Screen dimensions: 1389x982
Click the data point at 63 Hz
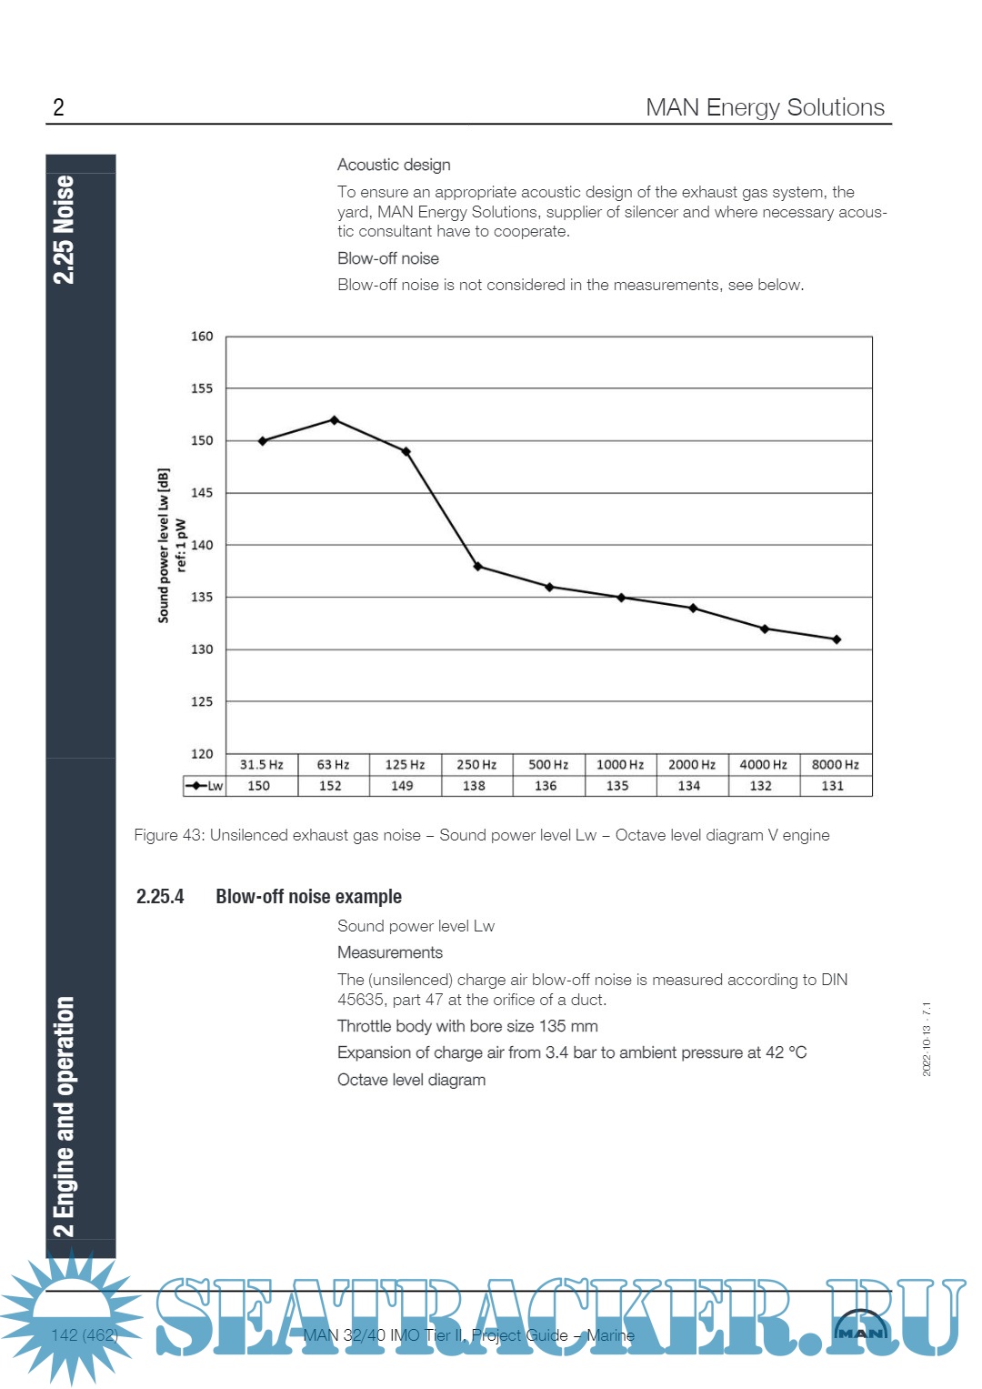[335, 420]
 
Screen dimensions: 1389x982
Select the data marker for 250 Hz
[478, 567]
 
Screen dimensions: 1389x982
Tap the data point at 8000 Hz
[837, 639]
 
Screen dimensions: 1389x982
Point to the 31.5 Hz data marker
[263, 441]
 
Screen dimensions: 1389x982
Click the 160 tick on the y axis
[202, 337]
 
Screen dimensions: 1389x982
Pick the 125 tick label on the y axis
[202, 701]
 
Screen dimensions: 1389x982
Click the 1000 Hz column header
[620, 765]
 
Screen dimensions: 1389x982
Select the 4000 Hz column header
[764, 765]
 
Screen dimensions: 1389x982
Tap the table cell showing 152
[330, 786]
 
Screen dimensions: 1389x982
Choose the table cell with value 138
[474, 786]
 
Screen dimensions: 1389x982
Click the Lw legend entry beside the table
[205, 786]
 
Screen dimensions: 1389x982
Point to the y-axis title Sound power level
[165, 546]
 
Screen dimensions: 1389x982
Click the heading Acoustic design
[394, 165]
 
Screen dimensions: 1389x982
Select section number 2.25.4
[160, 897]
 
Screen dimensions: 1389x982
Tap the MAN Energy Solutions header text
[765, 107]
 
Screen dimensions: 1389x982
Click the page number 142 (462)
[85, 1335]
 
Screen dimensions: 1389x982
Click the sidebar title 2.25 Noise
[64, 229]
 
